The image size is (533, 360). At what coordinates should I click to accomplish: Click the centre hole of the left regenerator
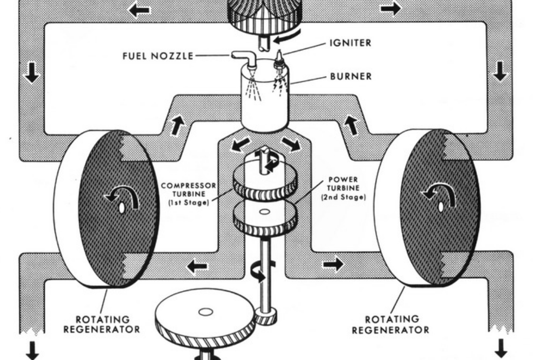tap(121, 208)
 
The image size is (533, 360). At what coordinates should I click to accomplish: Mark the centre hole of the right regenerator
tap(441, 206)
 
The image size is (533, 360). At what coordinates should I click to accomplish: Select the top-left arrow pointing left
tap(138, 10)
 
